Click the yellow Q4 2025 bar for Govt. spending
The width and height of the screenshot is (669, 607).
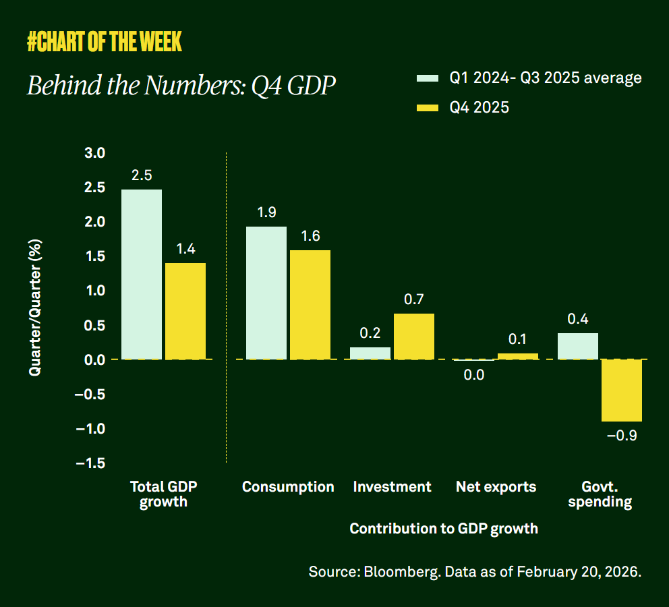(x=621, y=390)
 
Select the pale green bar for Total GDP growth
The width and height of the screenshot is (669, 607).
(x=142, y=274)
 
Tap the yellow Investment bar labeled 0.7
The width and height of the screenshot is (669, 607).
(x=414, y=336)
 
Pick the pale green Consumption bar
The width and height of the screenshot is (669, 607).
(x=266, y=293)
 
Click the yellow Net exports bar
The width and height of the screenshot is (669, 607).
(x=518, y=356)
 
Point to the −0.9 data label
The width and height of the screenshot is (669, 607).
(x=621, y=436)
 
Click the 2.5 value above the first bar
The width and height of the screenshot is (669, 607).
(x=142, y=175)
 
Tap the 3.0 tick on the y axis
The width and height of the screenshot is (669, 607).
(x=95, y=153)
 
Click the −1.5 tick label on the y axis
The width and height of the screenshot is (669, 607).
(x=90, y=463)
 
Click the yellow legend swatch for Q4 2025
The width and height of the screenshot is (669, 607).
(x=428, y=107)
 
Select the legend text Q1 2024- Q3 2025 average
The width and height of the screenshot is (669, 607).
(x=546, y=78)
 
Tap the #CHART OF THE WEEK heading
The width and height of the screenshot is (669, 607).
(x=105, y=42)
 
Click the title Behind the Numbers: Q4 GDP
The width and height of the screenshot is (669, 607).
(x=181, y=86)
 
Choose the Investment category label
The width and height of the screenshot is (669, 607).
(x=392, y=487)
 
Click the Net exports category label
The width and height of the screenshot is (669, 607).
(x=496, y=487)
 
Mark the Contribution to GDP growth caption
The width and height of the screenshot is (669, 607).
(x=444, y=529)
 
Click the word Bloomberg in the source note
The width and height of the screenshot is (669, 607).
(x=397, y=571)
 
